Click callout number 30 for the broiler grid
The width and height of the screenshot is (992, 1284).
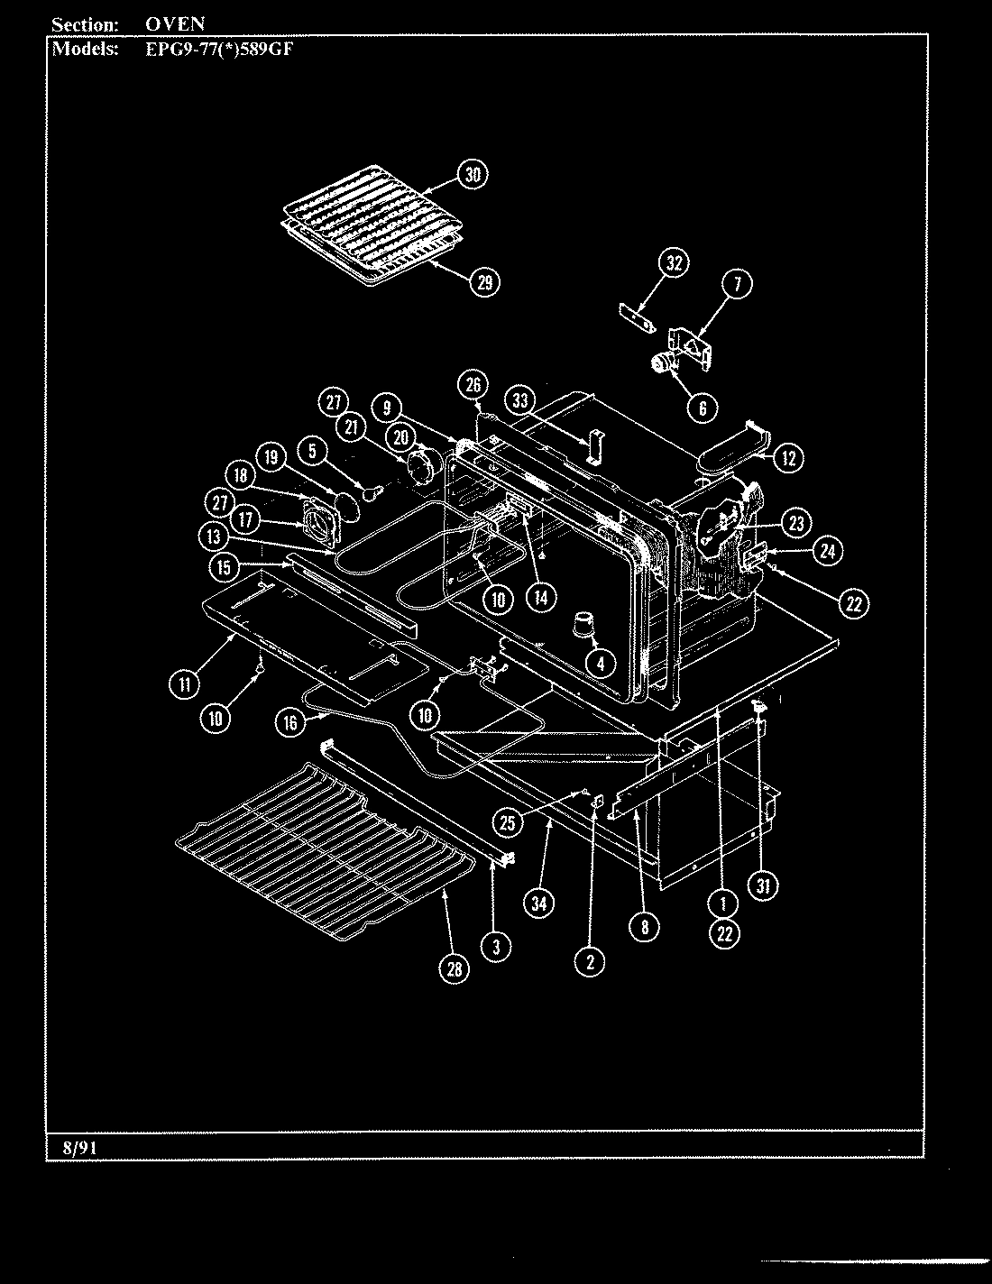point(472,174)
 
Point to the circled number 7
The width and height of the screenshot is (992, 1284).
point(737,284)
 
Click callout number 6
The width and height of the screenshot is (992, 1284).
point(703,408)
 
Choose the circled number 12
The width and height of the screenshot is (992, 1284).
point(787,458)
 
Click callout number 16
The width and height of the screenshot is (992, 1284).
point(289,721)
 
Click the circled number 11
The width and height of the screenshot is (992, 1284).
point(184,684)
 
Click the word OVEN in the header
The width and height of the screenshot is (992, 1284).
point(175,24)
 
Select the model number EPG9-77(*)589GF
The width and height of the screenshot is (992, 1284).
point(219,49)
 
